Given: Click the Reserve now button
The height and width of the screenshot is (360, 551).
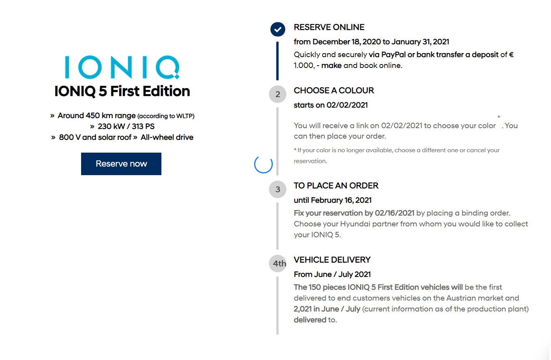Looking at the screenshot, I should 121,164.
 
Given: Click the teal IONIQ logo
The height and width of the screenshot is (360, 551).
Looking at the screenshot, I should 122,67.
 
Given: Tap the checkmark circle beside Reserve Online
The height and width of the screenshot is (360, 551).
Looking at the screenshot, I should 277,29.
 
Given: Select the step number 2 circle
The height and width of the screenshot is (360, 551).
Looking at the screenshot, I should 277,94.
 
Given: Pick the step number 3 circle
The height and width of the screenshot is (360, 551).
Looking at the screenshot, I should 277,190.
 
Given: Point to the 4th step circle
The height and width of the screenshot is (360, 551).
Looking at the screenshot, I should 278,264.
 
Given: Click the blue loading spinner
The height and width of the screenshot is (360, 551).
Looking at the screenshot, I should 263,164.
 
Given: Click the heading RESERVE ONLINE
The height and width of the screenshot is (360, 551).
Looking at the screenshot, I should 329,27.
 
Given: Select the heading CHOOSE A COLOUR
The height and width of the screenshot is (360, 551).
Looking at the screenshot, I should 334,90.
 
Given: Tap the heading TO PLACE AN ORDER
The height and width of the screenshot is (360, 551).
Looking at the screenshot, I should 336,186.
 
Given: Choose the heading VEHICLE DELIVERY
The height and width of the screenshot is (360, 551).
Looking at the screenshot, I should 332,260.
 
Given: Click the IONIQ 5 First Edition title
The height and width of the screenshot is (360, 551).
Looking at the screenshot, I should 122,91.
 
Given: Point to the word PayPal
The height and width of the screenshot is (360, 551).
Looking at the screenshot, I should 393,55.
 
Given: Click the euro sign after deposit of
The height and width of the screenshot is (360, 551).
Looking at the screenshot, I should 511,55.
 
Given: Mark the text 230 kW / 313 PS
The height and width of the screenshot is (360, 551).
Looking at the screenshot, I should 126,127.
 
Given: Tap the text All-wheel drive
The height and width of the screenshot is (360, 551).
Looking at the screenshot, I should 167,137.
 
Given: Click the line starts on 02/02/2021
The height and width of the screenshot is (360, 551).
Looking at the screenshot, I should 331,105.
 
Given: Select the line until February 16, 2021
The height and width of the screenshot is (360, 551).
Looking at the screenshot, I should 333,200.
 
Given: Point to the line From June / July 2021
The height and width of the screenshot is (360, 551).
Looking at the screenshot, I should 332,275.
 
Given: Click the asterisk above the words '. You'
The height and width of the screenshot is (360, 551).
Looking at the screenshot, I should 499,117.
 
